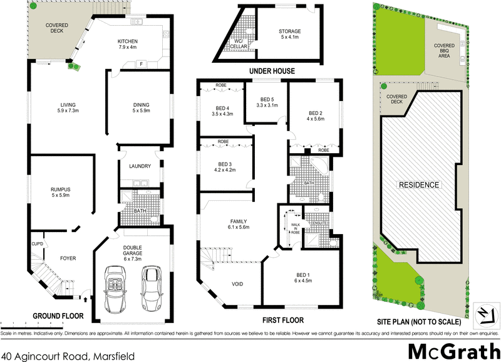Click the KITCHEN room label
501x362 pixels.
[x=128, y=42]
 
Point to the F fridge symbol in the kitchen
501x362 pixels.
[x=142, y=63]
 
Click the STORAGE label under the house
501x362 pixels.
[x=290, y=31]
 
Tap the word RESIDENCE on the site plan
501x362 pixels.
[x=419, y=185]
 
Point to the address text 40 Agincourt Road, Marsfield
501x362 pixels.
[x=67, y=355]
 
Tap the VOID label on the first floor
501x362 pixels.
[x=238, y=284]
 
